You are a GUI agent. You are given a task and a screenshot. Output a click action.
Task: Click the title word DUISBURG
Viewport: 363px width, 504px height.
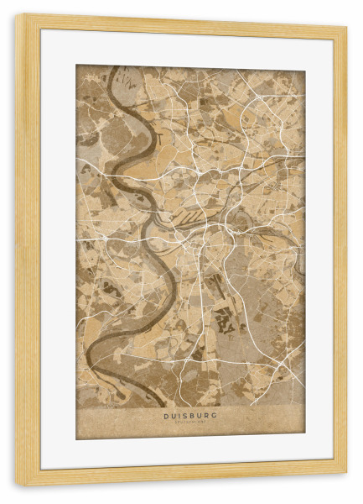click(190, 414)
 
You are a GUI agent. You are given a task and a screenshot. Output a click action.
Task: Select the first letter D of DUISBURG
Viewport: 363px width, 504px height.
click(165, 414)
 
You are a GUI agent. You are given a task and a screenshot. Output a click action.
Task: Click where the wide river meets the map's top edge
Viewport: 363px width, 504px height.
click(112, 67)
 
